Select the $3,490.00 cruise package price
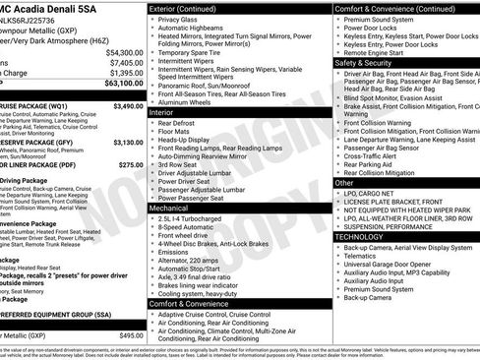click(x=128, y=105)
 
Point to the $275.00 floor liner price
click(x=129, y=165)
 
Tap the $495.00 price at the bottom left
click(x=131, y=335)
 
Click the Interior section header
click(x=162, y=113)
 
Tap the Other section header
click(x=345, y=183)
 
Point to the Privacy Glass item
click(x=177, y=19)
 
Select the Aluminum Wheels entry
click(x=188, y=102)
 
